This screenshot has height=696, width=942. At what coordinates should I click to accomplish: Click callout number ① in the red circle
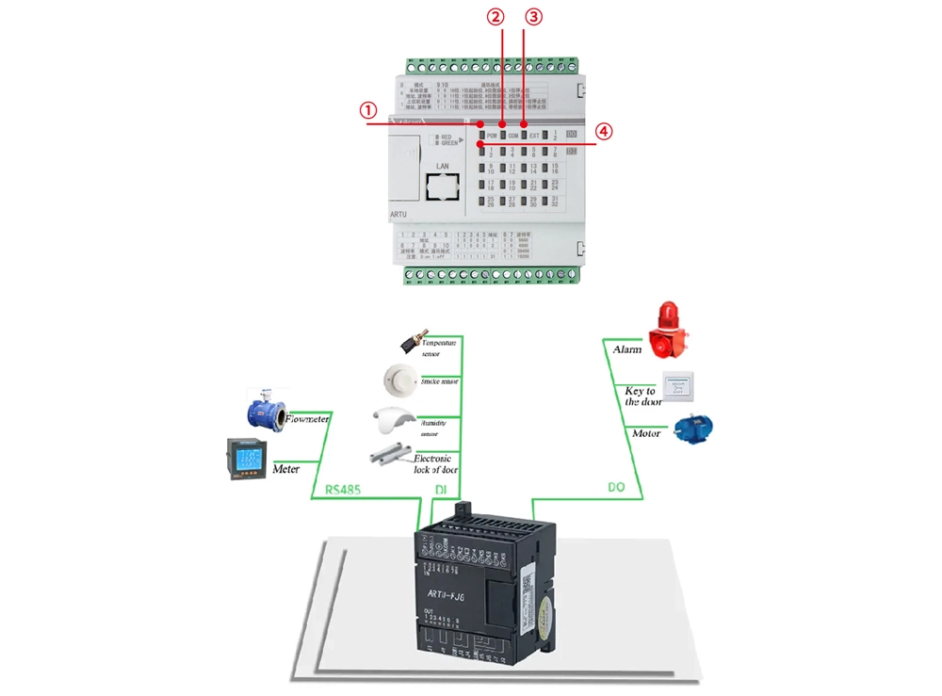368,110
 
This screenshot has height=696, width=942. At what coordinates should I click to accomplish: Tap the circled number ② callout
495,16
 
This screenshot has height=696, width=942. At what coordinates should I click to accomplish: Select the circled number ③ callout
533,16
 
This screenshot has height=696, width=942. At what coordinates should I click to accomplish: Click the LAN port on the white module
435,187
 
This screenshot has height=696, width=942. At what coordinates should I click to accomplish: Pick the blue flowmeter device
266,409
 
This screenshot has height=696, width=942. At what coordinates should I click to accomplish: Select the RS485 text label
343,490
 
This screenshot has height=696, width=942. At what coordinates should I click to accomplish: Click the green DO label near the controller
617,488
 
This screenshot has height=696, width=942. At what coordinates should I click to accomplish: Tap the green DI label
440,490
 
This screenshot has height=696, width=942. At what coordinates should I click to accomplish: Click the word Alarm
627,349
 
